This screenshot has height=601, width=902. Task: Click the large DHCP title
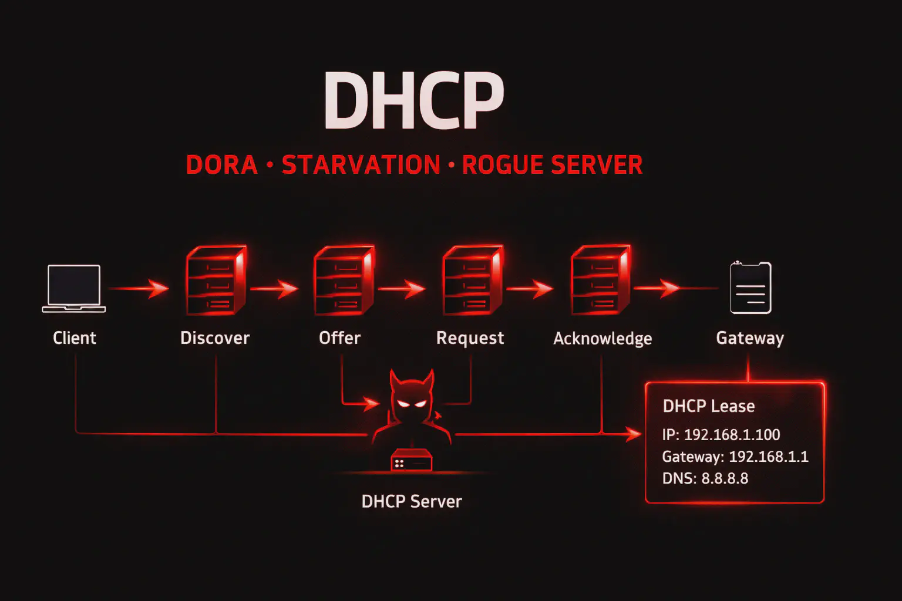pyautogui.click(x=413, y=101)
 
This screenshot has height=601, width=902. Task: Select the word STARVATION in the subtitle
pyautogui.click(x=361, y=165)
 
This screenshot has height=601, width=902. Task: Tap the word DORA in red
pyautogui.click(x=221, y=165)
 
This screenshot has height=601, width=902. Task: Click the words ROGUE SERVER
pyautogui.click(x=552, y=165)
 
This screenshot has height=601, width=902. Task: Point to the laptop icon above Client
pyautogui.click(x=74, y=288)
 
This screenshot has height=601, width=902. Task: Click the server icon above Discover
pyautogui.click(x=215, y=281)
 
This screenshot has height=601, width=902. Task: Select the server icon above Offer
pyautogui.click(x=344, y=281)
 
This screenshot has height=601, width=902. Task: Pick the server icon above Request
pyautogui.click(x=472, y=281)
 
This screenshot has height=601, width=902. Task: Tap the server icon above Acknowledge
pyautogui.click(x=600, y=281)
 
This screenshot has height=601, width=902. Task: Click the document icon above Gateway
pyautogui.click(x=750, y=288)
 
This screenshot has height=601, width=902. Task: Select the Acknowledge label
pyautogui.click(x=603, y=339)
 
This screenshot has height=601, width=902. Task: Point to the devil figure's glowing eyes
pyautogui.click(x=412, y=403)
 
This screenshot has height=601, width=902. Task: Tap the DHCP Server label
pyautogui.click(x=411, y=501)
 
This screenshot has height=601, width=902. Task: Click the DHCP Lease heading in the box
pyautogui.click(x=708, y=406)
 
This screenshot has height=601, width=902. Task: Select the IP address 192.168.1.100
pyautogui.click(x=732, y=435)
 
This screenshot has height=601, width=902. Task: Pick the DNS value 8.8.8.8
pyautogui.click(x=725, y=478)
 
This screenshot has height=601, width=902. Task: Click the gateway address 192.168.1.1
pyautogui.click(x=768, y=457)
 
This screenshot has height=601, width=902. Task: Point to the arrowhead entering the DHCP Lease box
pyautogui.click(x=634, y=434)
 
